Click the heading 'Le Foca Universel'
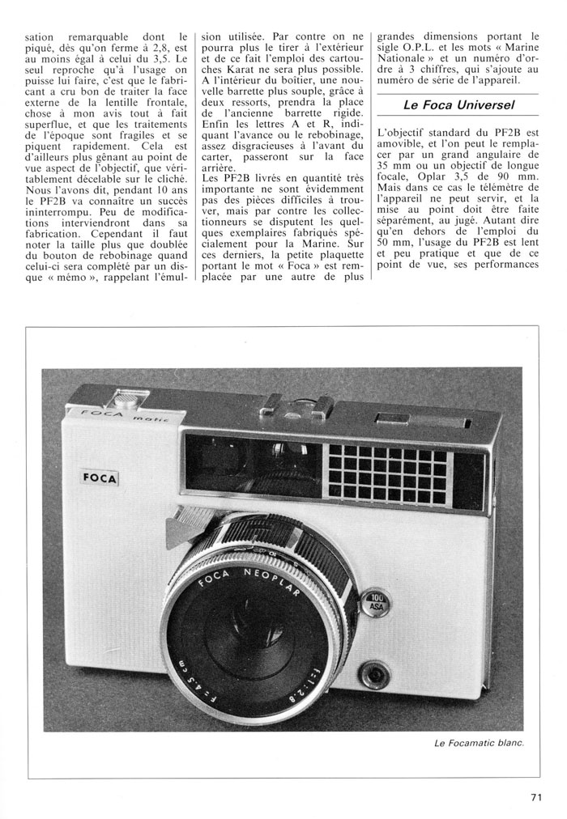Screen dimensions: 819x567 click(459, 105)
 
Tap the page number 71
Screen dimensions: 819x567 click(535, 797)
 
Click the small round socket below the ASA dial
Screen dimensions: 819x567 click(374, 673)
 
